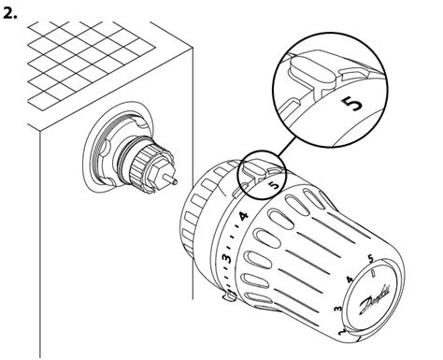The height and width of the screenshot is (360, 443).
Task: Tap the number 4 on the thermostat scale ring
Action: [242, 217]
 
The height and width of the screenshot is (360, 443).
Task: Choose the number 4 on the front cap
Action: [348, 280]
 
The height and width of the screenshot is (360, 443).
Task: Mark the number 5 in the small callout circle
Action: [273, 186]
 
